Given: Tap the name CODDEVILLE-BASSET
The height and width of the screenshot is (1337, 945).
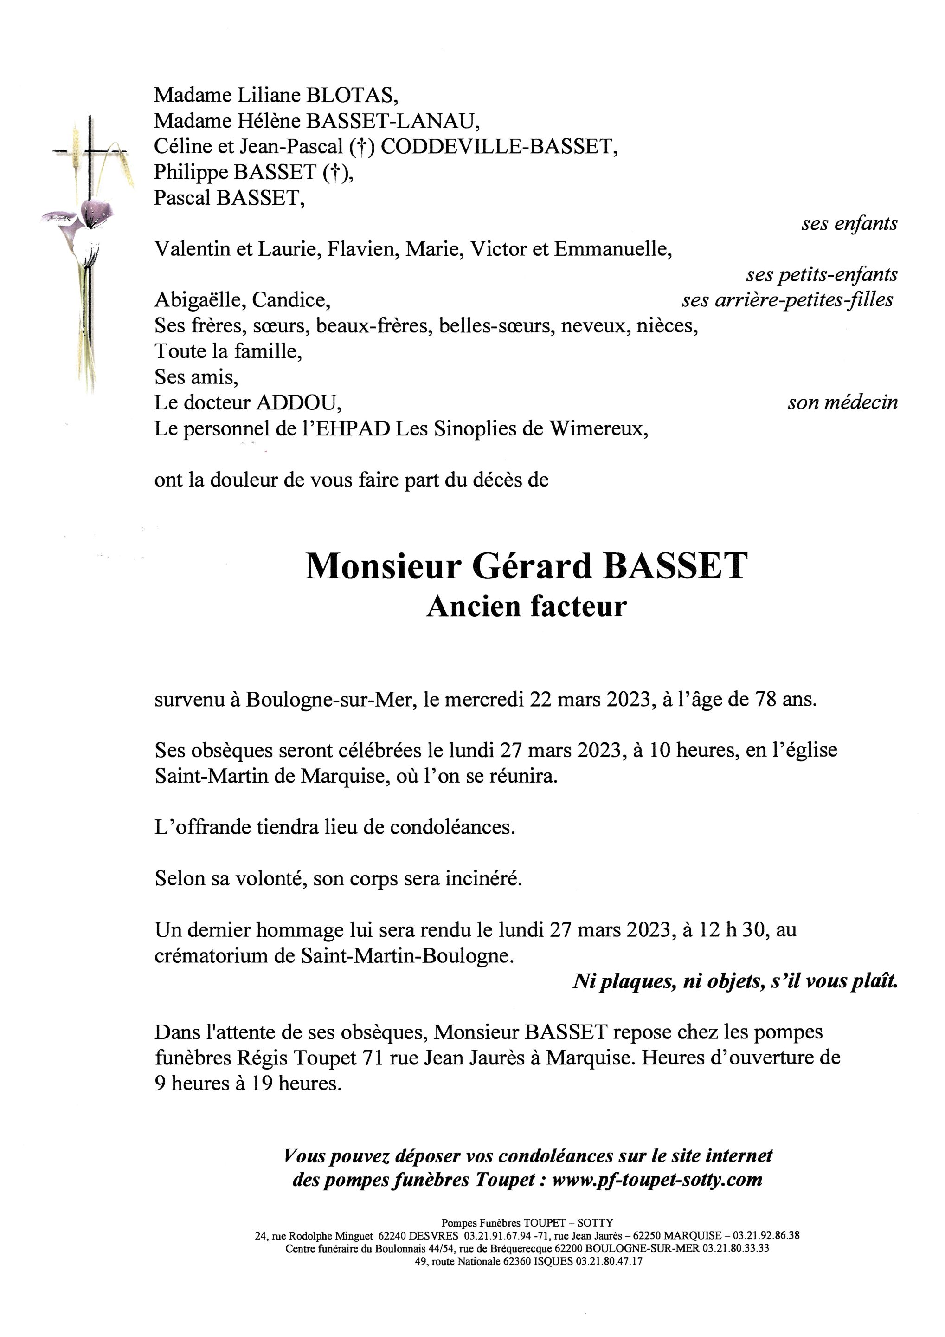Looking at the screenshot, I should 499,146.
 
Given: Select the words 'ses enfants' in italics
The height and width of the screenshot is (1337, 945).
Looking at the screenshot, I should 849,224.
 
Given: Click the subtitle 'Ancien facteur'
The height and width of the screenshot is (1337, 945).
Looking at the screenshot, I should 527,607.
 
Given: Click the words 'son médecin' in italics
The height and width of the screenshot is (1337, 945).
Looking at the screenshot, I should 842,403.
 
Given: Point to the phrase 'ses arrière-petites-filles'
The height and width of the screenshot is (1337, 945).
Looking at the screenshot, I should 787,300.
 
